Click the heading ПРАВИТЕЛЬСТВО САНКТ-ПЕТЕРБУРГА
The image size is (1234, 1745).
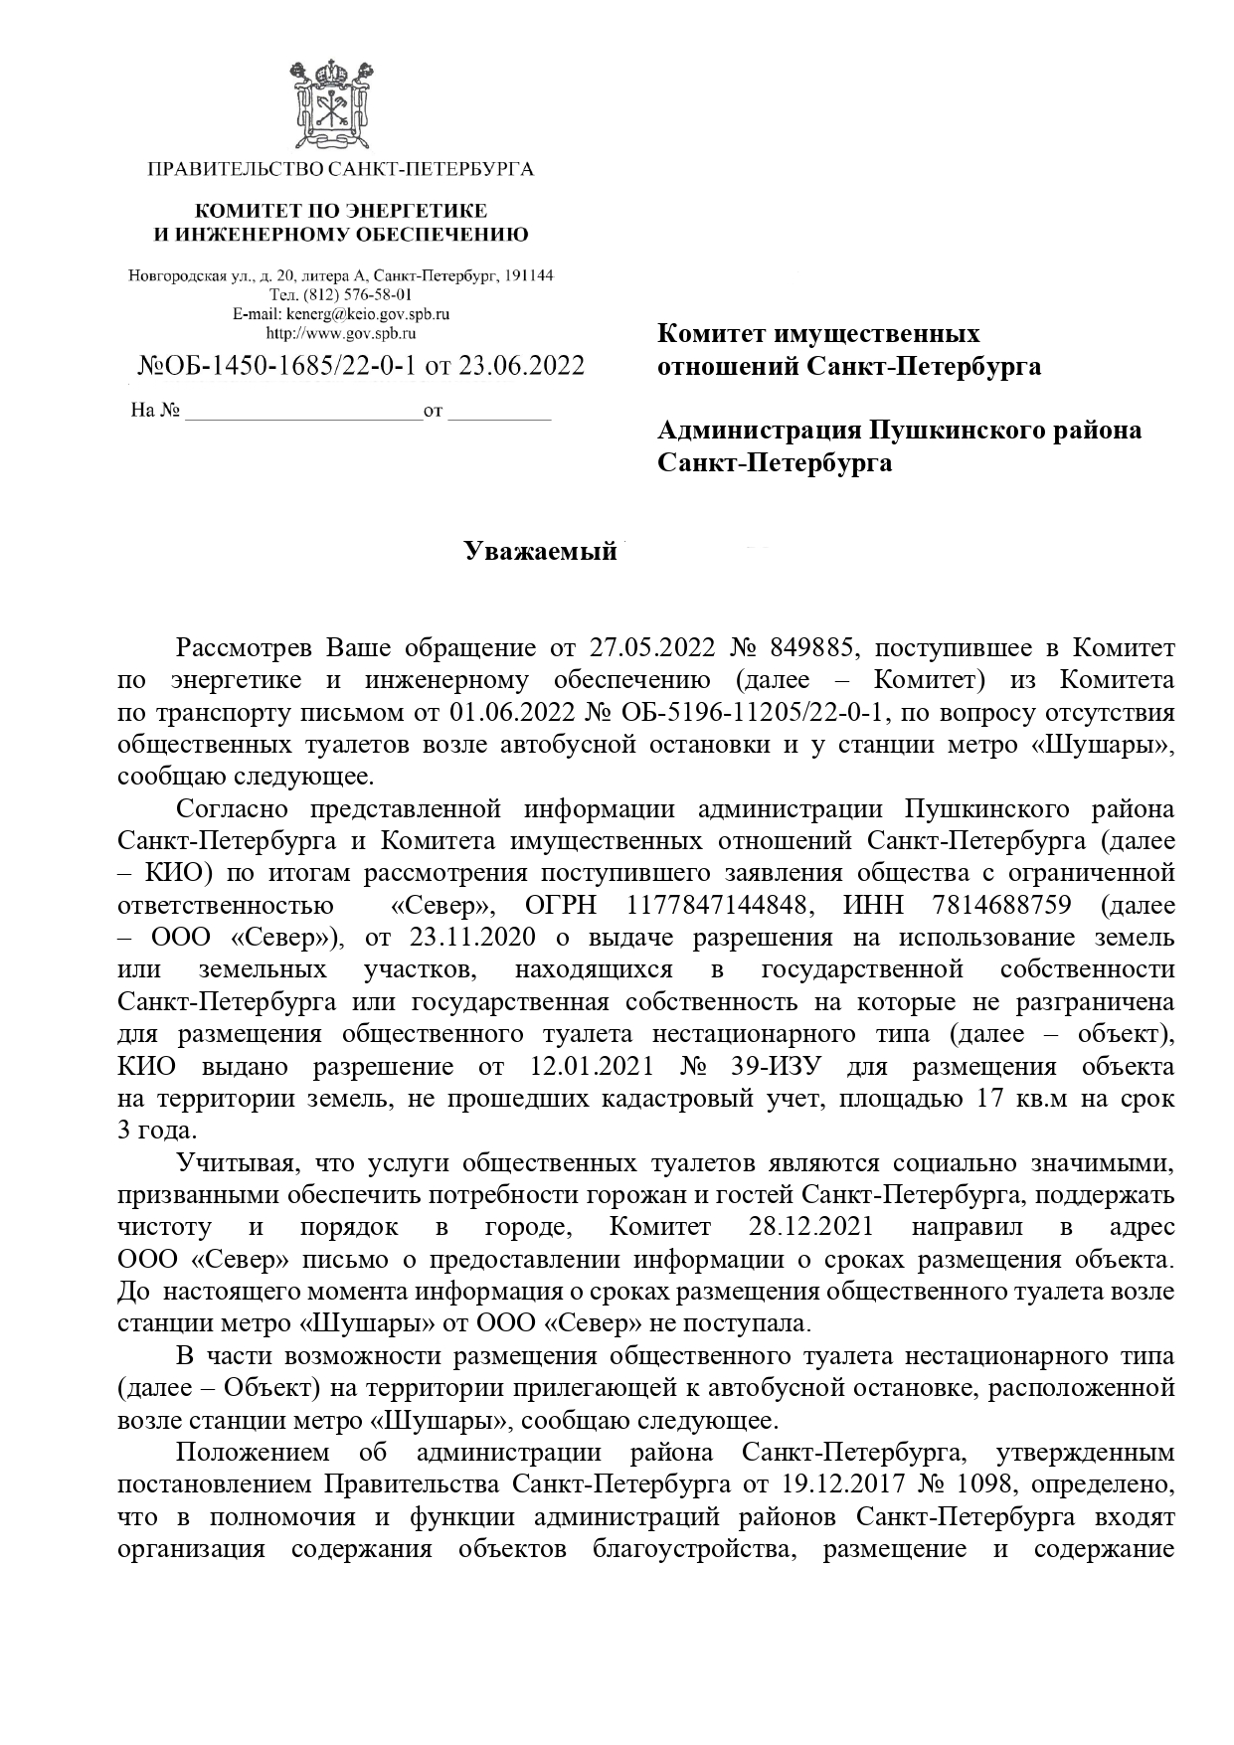[340, 169]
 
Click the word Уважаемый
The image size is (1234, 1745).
[541, 552]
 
